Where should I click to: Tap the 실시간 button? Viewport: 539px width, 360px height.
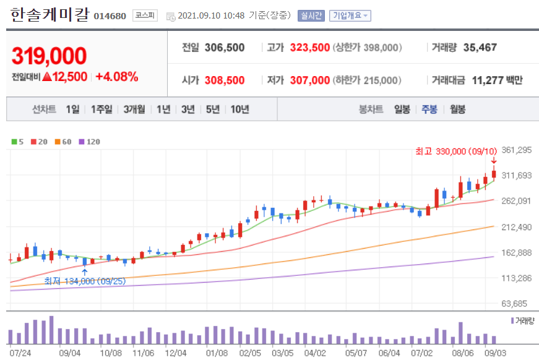[311, 15]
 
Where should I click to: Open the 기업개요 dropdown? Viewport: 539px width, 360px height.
[350, 15]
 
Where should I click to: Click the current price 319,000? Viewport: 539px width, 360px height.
[49, 56]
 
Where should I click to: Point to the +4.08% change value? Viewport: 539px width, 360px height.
[117, 77]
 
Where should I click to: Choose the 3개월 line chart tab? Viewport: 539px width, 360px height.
[134, 109]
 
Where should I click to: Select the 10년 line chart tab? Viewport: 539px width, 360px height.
[239, 109]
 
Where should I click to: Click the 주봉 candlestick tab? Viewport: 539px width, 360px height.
[429, 109]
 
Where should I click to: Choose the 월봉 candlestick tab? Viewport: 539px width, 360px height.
[457, 109]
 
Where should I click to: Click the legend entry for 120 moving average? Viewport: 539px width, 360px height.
[90, 142]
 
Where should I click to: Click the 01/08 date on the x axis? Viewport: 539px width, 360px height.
[217, 353]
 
